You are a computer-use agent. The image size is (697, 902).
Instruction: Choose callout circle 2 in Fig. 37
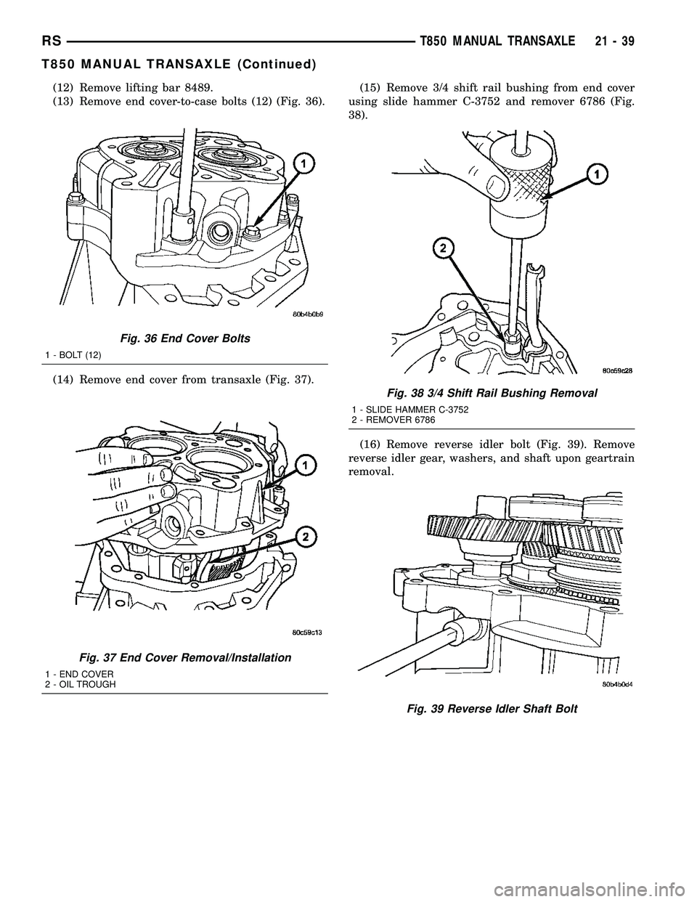(306, 537)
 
